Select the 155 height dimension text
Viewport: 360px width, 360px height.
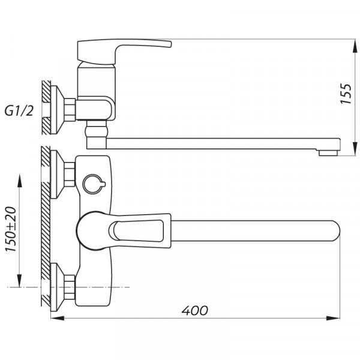(346, 95)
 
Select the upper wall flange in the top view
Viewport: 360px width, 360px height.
(59, 173)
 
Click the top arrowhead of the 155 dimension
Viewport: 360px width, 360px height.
(352, 44)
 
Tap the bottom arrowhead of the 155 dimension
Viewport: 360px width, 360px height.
(352, 146)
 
